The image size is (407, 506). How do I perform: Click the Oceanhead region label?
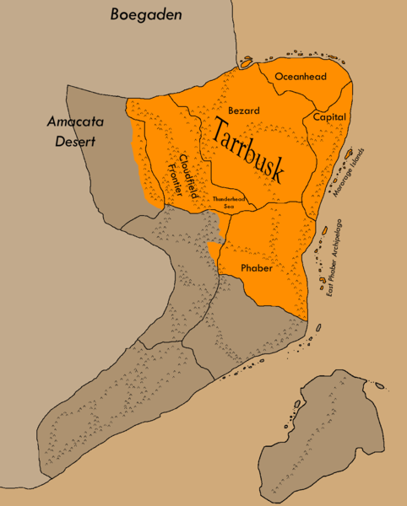pyautogui.click(x=299, y=76)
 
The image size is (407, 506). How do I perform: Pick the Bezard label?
pyautogui.click(x=243, y=110)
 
